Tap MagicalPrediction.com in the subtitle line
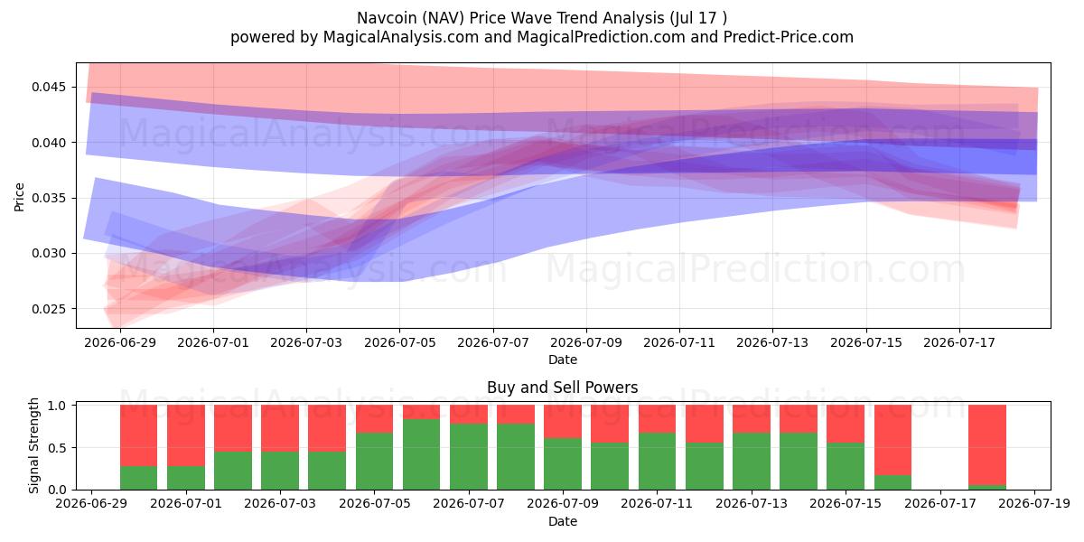pos(601,37)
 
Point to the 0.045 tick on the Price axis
pos(48,87)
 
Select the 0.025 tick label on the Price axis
pos(48,309)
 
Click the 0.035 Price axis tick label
pos(48,198)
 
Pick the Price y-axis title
pos(19,197)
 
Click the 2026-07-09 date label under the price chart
pos(586,342)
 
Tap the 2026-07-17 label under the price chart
pos(959,342)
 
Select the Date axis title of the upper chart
pos(563,360)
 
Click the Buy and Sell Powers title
pos(562,388)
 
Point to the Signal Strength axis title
pos(33,445)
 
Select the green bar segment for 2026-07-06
pos(422,454)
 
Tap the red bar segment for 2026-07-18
pos(987,444)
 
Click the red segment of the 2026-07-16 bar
pos(892,440)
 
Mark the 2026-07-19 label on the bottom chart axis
pos(1034,503)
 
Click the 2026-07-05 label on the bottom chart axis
pos(375,503)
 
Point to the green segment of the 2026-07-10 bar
pos(610,466)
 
